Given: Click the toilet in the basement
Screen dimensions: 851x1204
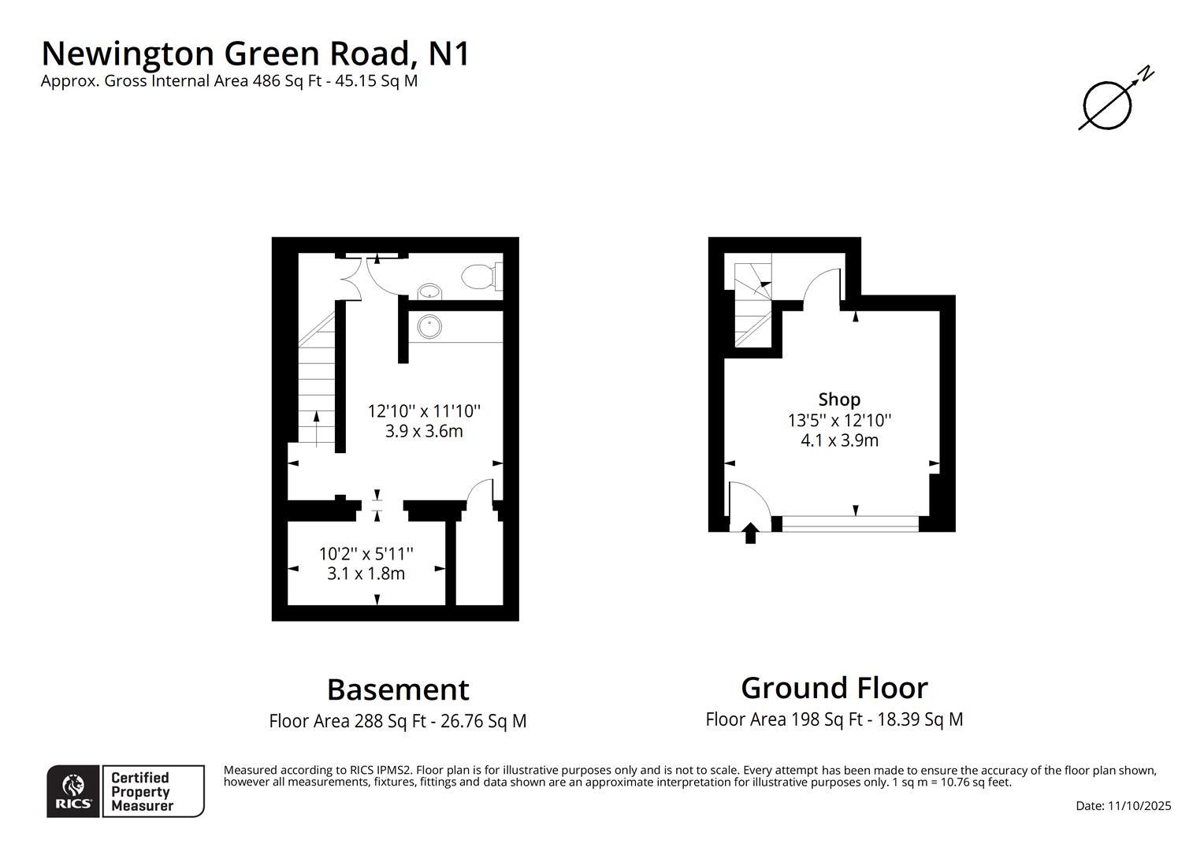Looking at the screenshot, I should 479,277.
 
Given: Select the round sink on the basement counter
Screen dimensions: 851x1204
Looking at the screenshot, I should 429,325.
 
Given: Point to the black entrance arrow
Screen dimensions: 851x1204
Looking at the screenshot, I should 750,533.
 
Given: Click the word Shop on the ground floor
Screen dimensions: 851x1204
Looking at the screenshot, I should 839,399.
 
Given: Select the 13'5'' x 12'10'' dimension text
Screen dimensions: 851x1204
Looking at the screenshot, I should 839,420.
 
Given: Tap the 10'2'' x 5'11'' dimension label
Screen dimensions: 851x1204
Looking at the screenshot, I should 366,554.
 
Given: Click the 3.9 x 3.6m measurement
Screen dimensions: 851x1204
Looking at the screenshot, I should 423,431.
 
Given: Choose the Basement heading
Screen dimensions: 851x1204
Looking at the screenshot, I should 398,689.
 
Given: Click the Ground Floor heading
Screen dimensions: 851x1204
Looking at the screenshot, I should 834,688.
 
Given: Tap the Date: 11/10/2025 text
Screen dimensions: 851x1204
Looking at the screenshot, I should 1123,806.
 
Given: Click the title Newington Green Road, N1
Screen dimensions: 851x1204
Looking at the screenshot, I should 255,54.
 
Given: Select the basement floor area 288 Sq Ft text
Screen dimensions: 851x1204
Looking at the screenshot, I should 398,721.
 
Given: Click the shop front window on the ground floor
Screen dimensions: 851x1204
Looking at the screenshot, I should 850,524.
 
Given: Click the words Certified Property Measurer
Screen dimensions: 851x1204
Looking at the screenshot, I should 142,792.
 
